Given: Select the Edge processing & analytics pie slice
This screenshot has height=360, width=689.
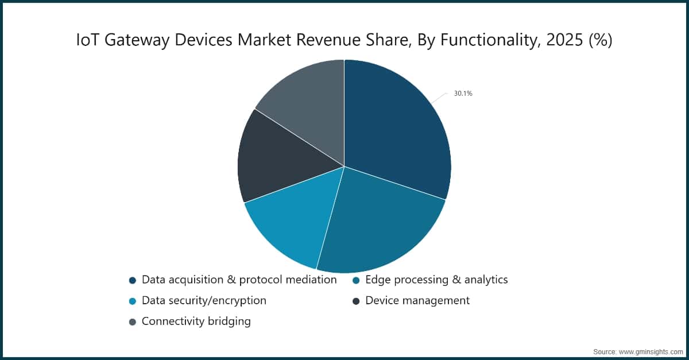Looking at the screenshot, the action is pos(378,224).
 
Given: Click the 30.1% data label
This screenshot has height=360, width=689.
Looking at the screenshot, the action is pos(463,93).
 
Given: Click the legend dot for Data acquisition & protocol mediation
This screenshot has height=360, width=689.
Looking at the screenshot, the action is pos(133,281).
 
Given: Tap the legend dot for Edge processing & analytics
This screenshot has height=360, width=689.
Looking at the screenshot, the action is pos(356,281).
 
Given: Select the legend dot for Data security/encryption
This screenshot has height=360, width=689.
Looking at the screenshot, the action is pos(133,301).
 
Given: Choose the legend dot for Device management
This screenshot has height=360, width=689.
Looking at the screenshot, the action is pos(356,301).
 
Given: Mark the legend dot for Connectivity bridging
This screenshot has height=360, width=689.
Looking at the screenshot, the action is pos(133,322).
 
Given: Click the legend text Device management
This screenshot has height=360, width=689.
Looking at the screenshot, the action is pos(417,301).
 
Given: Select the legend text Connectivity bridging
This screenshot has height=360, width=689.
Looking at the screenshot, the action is pos(196,322).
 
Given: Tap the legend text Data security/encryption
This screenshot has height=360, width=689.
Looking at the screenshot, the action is pos(204,301).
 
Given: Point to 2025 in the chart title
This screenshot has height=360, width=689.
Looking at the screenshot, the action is pos(564,40).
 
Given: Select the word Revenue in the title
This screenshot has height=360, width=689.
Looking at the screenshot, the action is pos(328,40).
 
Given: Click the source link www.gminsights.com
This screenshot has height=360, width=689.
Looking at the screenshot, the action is pos(651,352).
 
